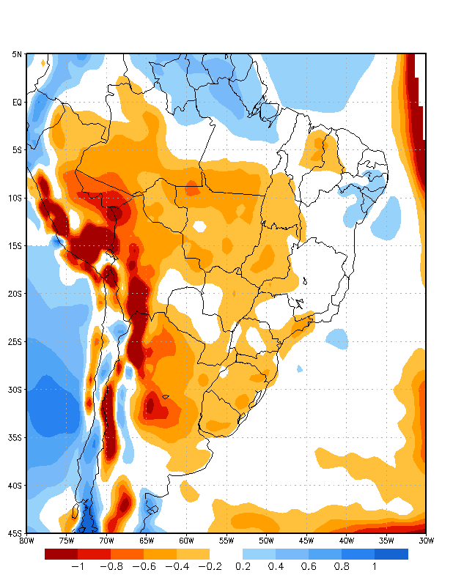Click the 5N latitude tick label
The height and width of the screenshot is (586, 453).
(x=17, y=54)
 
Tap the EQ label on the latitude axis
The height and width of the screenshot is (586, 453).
(x=17, y=103)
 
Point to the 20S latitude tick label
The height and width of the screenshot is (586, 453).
(x=15, y=294)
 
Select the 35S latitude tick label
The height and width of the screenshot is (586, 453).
(x=15, y=437)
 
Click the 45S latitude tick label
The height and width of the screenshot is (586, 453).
(x=15, y=533)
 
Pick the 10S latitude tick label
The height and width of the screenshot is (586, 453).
(x=15, y=198)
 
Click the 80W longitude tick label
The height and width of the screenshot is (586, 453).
(x=26, y=541)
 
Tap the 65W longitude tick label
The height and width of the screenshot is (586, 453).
(x=146, y=541)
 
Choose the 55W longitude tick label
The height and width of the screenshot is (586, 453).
(x=226, y=541)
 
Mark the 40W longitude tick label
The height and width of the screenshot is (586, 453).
(x=346, y=541)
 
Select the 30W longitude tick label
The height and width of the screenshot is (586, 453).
(x=426, y=541)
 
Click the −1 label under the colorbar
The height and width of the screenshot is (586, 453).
(x=77, y=566)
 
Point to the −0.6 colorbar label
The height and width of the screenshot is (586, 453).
(x=144, y=566)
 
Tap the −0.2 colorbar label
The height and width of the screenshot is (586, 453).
(x=209, y=566)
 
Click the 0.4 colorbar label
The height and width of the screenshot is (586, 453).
(x=276, y=566)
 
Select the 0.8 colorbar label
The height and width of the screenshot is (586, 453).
(x=342, y=566)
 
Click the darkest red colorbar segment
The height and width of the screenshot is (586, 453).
(x=61, y=554)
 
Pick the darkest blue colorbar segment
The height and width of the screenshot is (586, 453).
(x=391, y=554)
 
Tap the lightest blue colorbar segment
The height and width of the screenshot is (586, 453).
(x=259, y=554)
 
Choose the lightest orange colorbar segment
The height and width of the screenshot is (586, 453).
(x=193, y=554)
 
